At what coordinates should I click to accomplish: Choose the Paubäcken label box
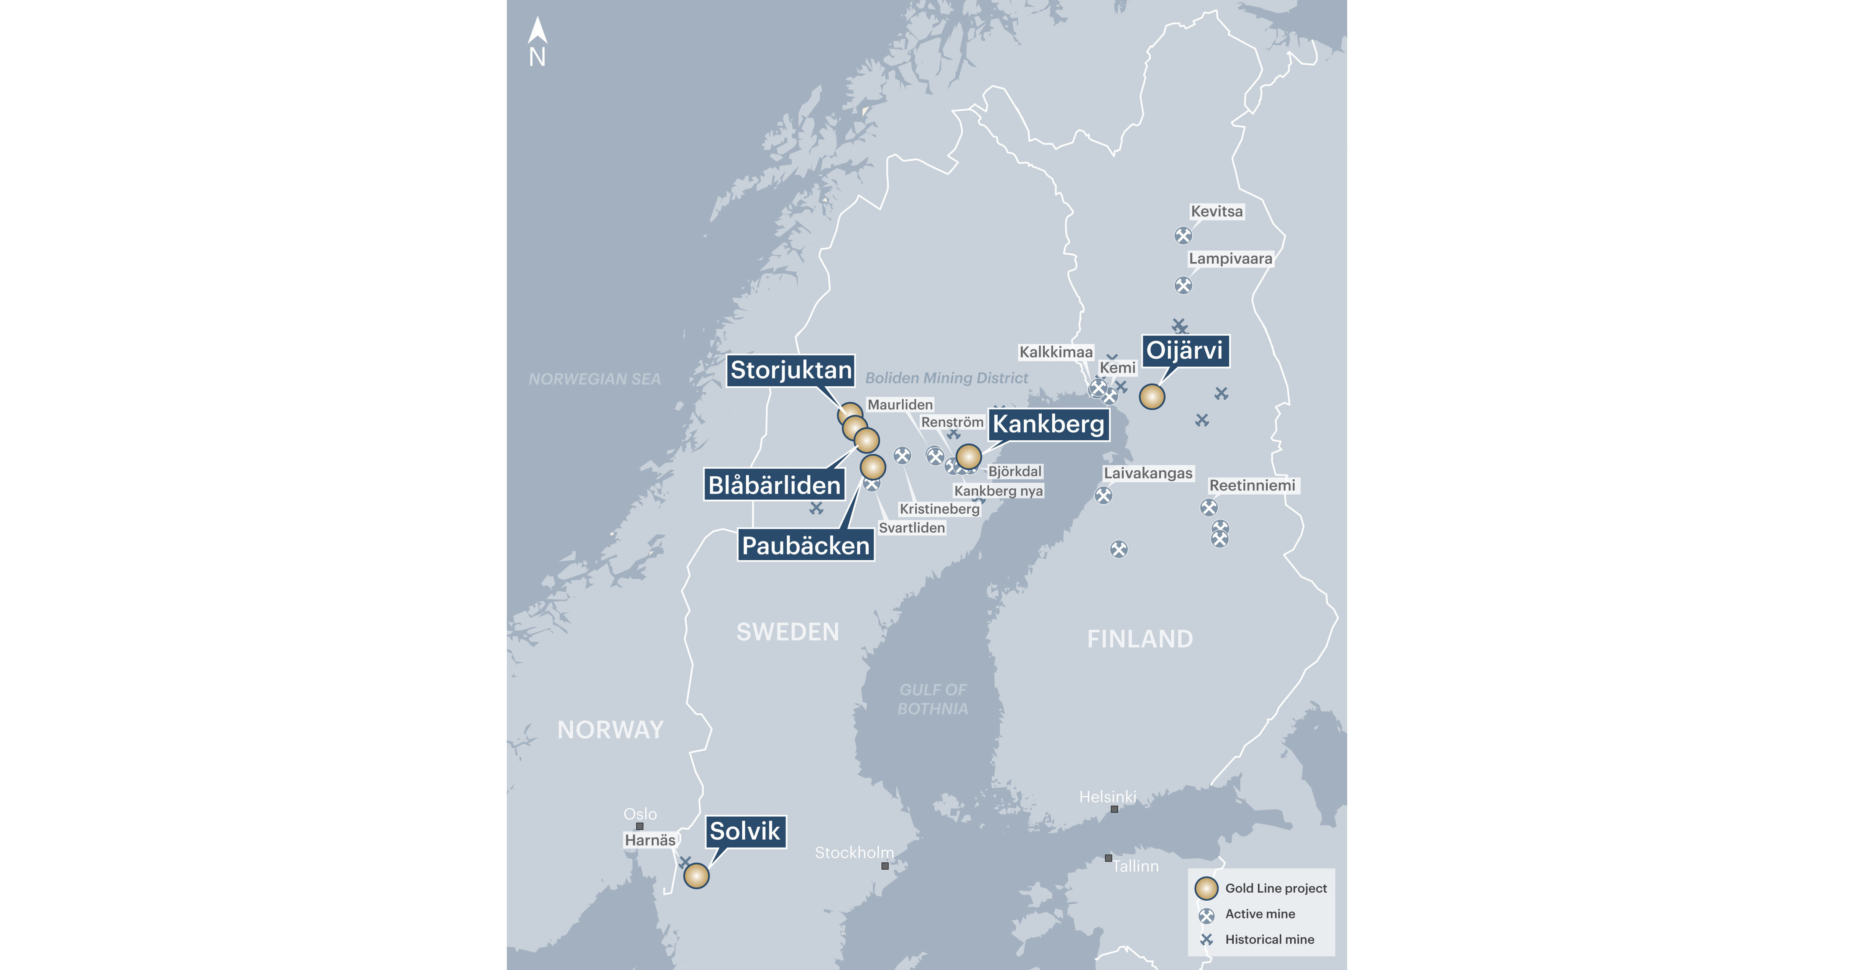point(805,545)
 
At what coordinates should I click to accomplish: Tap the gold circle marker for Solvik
point(696,876)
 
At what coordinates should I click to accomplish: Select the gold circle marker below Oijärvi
point(1152,397)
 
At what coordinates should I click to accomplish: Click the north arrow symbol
point(537,32)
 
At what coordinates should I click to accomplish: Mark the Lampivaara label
point(1230,258)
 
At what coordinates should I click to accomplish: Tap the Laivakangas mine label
point(1148,473)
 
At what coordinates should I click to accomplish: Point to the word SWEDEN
point(787,632)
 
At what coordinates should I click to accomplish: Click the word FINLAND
point(1139,639)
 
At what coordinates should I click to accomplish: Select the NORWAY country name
point(610,730)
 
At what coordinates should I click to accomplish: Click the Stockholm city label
point(854,853)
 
